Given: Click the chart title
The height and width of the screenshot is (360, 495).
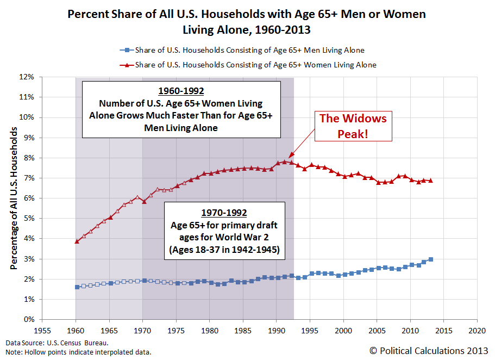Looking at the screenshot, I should (x=247, y=21).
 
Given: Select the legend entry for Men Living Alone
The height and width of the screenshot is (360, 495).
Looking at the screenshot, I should (x=242, y=51).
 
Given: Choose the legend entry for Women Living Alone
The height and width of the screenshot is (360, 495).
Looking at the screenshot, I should (x=247, y=65).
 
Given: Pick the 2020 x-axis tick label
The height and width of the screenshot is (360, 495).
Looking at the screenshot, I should (x=477, y=330).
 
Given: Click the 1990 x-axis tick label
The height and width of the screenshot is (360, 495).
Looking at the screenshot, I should (x=277, y=330).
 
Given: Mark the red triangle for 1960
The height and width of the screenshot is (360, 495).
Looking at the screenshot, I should (x=77, y=241).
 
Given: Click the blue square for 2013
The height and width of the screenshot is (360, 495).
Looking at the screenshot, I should (x=431, y=259).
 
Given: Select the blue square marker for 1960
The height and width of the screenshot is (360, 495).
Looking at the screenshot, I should (x=77, y=287).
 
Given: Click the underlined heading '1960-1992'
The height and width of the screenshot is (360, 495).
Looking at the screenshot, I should (x=181, y=91).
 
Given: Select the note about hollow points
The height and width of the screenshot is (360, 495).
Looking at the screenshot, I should (x=78, y=352).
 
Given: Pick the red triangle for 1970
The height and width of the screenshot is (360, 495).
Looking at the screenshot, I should (x=143, y=201).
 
